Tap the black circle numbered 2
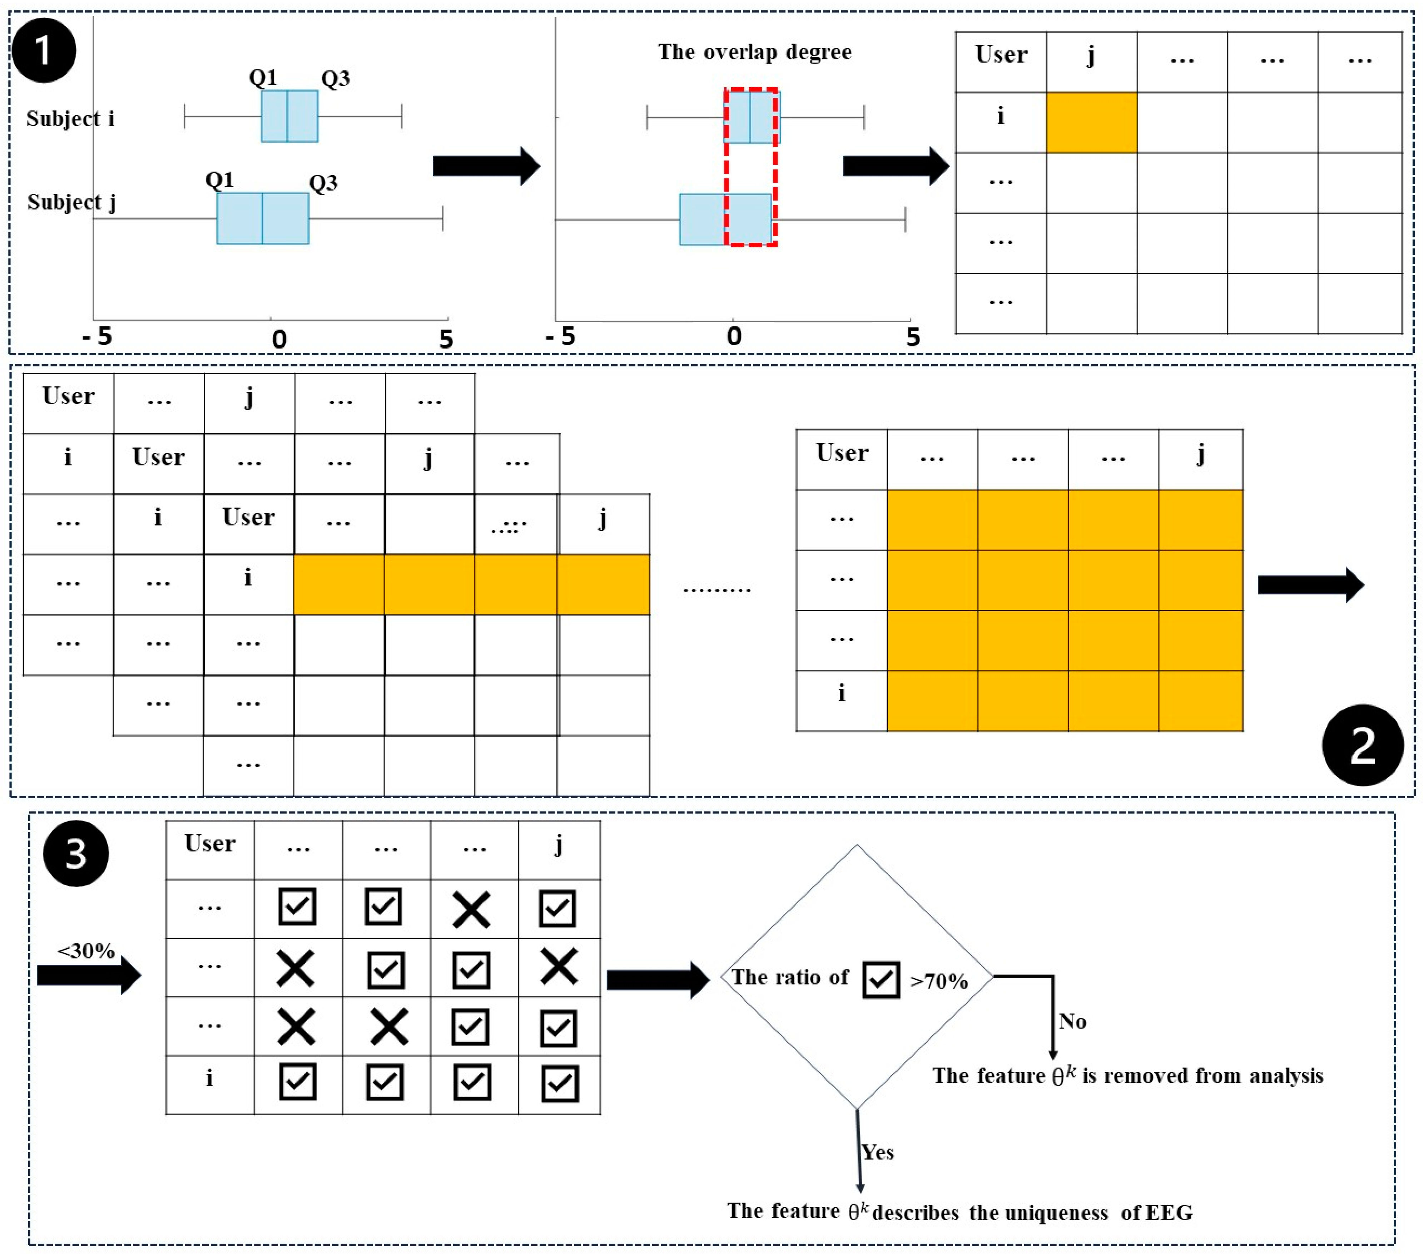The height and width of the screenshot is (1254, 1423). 1363,745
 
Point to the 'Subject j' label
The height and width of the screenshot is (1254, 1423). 72,202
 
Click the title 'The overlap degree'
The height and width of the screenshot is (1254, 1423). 755,52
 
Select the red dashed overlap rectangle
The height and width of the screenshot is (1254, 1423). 750,167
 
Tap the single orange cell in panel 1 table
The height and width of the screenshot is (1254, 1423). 1091,123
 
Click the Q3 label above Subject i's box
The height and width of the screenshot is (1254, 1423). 335,79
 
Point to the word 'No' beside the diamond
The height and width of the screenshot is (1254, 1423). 1072,1021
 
